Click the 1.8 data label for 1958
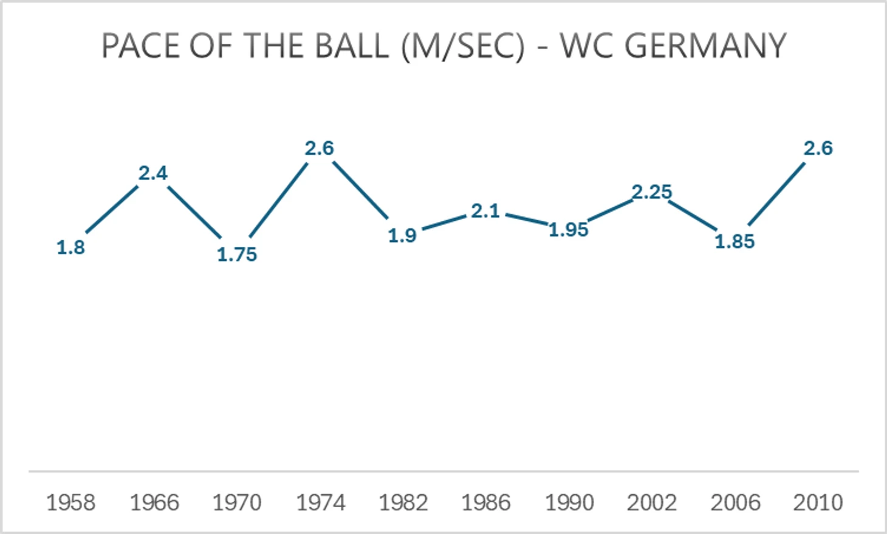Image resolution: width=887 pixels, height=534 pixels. click(70, 248)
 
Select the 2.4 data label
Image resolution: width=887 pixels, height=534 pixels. click(152, 173)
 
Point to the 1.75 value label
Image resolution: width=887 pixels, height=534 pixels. click(237, 254)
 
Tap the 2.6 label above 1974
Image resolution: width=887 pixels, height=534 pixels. click(320, 148)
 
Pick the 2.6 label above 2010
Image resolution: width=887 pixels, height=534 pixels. click(818, 148)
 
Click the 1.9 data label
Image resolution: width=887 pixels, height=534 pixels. click(402, 235)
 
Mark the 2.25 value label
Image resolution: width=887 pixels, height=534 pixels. click(652, 192)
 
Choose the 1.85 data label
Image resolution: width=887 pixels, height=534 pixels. click(735, 241)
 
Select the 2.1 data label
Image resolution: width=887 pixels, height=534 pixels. click(485, 211)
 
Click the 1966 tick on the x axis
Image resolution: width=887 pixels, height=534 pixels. click(154, 503)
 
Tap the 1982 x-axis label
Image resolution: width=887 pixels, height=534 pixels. click(403, 503)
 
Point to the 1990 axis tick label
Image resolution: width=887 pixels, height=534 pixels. click(569, 503)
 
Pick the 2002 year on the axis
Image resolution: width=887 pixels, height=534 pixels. click(652, 503)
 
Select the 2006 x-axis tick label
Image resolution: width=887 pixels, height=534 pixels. click(735, 503)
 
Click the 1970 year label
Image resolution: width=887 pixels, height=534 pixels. click(237, 503)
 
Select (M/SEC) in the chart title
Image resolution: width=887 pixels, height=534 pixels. click(463, 46)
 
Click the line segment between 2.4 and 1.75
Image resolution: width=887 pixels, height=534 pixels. click(194, 212)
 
